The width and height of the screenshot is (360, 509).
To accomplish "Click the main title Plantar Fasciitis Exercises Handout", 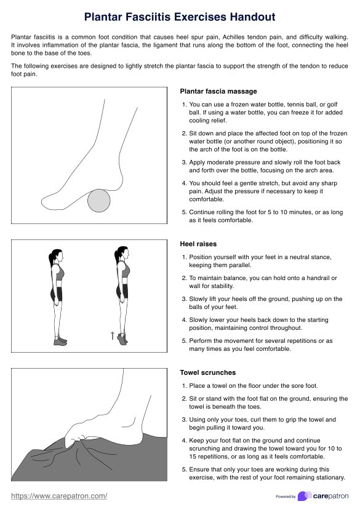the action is click(x=180, y=17).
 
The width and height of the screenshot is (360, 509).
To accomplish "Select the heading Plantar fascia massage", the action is click(x=218, y=92).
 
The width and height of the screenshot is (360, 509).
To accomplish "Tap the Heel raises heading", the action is click(x=198, y=244).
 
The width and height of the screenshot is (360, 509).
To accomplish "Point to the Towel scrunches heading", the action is click(x=208, y=372).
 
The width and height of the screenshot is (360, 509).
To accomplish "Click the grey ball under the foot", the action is click(x=99, y=201).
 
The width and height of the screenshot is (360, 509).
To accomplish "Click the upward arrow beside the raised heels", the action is click(x=113, y=335).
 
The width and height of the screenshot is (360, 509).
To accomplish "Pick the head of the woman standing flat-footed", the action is click(x=57, y=255).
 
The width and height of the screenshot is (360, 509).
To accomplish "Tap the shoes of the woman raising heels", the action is click(x=122, y=339).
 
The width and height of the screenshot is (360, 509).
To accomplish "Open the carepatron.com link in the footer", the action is click(x=59, y=496).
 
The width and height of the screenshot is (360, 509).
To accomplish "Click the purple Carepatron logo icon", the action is click(x=304, y=496).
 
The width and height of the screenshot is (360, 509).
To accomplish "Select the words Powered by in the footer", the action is click(x=286, y=496).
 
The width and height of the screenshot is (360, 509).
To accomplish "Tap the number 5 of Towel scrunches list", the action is click(x=184, y=470).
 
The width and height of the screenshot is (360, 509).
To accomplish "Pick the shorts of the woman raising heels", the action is click(x=122, y=291).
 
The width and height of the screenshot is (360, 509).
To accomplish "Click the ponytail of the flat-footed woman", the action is click(x=51, y=258).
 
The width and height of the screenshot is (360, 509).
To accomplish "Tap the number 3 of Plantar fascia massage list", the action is click(x=184, y=162).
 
